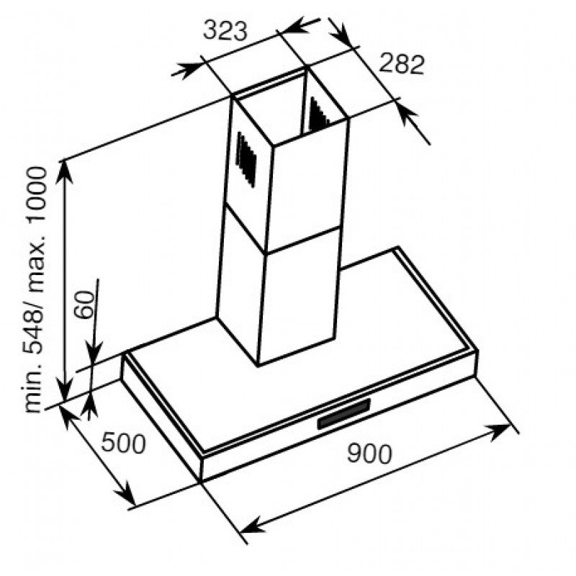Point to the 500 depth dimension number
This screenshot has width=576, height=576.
coord(123,443)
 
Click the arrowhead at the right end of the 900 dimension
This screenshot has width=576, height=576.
coord(505,429)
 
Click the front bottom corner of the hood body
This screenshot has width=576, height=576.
coord(200,481)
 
